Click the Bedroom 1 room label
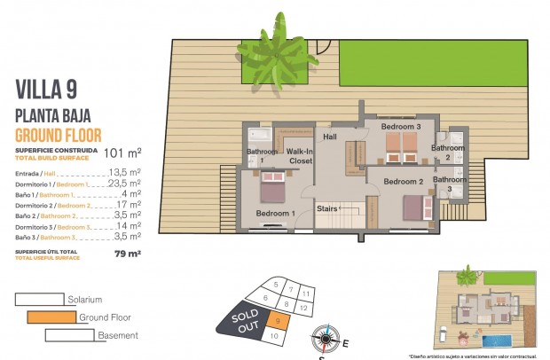click(274, 214)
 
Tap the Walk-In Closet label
click(300, 157)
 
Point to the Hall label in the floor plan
click(330, 137)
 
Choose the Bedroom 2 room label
click(402, 182)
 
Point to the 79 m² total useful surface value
click(127, 254)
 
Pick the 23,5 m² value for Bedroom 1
click(125, 184)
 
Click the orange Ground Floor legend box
click(51, 317)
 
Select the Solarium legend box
click(40, 300)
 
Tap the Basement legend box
click(68, 334)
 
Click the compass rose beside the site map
click(326, 338)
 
